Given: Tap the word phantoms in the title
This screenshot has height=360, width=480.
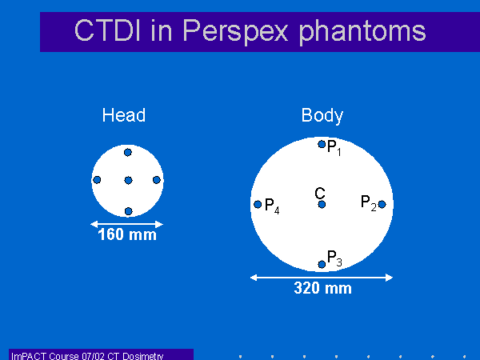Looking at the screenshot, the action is [362, 32].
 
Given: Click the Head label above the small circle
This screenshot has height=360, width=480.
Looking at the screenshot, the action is [124, 115].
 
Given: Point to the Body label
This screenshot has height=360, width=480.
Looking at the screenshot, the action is [322, 116].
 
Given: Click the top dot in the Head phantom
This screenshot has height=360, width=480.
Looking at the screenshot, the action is [128, 152].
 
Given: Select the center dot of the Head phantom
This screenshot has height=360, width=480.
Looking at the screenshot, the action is [129, 180].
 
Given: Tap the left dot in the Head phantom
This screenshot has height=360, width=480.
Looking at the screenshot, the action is [97, 180].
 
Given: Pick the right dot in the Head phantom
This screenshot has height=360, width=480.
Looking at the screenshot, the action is [157, 180].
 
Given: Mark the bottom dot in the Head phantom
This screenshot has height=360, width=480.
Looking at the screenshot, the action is [129, 211].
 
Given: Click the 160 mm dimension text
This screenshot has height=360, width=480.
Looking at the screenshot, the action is [127, 234].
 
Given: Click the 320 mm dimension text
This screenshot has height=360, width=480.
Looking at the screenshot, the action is [322, 288].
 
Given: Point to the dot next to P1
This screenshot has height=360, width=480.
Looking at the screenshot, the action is [322, 144].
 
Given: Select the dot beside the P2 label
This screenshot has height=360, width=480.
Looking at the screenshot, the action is [382, 204].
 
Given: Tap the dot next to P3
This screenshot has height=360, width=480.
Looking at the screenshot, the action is [322, 264].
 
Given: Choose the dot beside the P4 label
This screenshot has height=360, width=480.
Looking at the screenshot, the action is [258, 204].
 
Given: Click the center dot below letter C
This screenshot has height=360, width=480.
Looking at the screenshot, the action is [322, 204].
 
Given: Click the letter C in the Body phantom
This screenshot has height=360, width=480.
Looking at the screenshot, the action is [320, 193].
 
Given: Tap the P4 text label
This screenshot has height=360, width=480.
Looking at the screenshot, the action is [272, 206].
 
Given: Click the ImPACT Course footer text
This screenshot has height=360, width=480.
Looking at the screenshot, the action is [87, 356].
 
